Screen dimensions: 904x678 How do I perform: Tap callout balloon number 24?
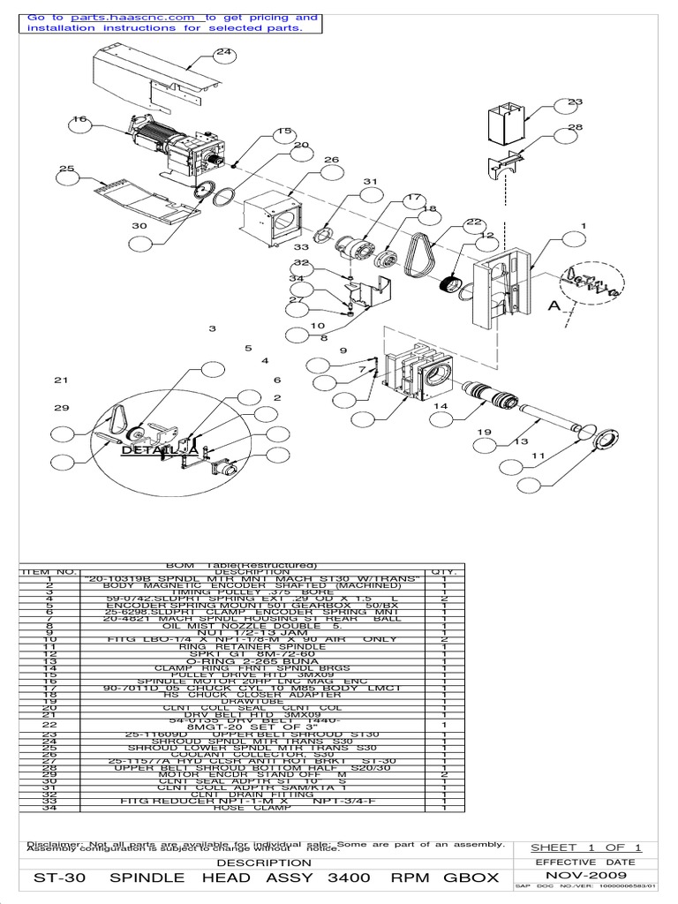pos(224,53)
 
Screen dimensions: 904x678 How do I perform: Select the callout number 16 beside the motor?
pos(80,120)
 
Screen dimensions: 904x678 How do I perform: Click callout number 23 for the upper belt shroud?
pos(576,102)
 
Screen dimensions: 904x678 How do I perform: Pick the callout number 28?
pos(576,128)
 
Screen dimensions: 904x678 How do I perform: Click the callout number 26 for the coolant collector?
pos(331,160)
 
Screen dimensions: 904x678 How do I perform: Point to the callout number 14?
pos(441,405)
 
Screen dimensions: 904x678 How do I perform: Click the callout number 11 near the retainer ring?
pos(538,456)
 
